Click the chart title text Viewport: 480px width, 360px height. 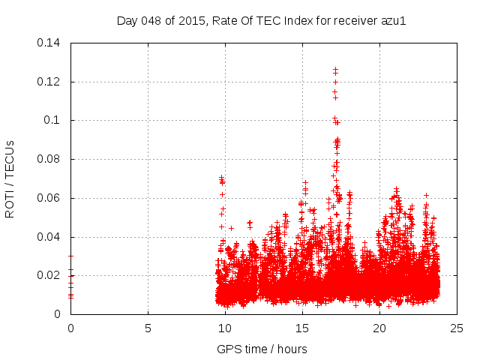262,20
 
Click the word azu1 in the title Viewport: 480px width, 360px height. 393,20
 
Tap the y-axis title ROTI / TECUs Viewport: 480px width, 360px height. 10,178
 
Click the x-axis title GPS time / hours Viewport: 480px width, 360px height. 262,349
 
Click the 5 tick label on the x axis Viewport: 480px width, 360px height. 148,328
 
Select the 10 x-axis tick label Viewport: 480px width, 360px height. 225,328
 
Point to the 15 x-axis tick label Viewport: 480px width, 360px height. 302,328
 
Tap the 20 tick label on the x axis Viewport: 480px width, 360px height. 379,328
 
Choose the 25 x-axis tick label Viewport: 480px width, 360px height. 457,328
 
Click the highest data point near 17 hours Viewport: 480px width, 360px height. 335,70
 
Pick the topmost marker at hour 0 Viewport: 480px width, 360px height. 70,256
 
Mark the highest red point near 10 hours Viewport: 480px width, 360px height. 221,178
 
